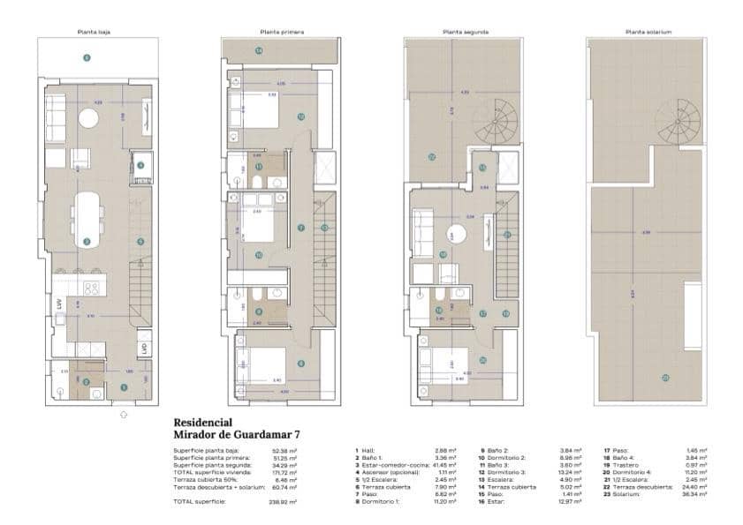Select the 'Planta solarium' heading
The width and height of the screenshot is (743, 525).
pyautogui.click(x=648, y=31)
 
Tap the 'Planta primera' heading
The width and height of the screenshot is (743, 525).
pyautogui.click(x=280, y=31)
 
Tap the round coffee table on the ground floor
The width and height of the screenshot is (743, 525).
pyautogui.click(x=88, y=119)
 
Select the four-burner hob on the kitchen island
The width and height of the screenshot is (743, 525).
pyautogui.click(x=91, y=288)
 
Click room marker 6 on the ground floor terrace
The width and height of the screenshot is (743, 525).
pyautogui.click(x=87, y=58)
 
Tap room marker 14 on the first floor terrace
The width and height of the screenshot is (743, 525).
pyautogui.click(x=259, y=51)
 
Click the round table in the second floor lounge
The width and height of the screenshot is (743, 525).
pyautogui.click(x=457, y=234)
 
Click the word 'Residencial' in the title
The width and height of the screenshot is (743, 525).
pyautogui.click(x=203, y=422)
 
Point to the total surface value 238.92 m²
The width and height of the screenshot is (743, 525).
pyautogui.click(x=284, y=501)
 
